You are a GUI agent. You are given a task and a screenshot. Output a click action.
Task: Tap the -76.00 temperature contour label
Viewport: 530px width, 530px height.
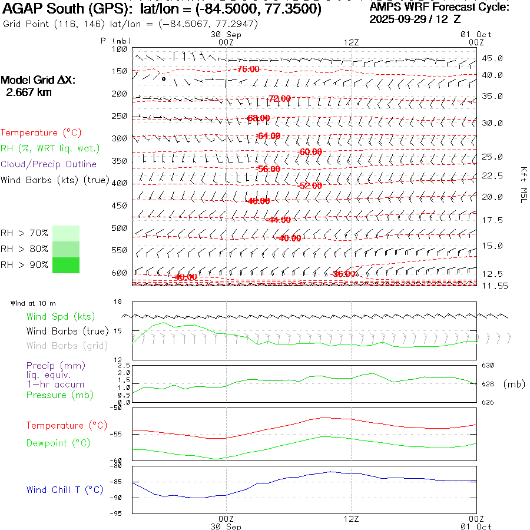(247, 69)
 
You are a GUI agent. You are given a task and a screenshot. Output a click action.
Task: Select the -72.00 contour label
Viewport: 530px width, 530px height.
(279, 99)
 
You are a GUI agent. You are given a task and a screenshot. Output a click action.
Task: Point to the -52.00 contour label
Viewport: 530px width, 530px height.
(310, 186)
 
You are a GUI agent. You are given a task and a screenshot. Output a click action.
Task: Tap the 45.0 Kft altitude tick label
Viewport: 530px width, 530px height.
(492, 59)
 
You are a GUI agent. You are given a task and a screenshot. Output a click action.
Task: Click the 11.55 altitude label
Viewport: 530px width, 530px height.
(492, 286)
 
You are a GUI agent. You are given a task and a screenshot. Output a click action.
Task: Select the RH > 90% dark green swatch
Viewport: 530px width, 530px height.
(65, 265)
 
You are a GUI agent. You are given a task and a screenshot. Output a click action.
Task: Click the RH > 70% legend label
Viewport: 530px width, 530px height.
(24, 234)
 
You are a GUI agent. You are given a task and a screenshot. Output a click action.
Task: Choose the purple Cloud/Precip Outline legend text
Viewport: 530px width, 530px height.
(48, 164)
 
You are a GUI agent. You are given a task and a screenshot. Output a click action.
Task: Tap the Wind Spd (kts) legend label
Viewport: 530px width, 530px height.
(60, 317)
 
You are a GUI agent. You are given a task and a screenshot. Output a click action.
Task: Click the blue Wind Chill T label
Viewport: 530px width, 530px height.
(65, 490)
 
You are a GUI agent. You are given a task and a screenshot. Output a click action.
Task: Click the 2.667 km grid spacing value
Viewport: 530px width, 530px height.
(28, 92)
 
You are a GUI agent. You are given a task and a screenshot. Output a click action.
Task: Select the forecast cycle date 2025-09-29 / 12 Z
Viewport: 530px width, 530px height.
(415, 19)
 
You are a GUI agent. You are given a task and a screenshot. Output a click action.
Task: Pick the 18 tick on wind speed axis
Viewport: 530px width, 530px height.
(117, 302)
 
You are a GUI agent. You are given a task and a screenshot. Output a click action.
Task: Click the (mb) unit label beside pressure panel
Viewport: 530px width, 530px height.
(514, 384)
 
